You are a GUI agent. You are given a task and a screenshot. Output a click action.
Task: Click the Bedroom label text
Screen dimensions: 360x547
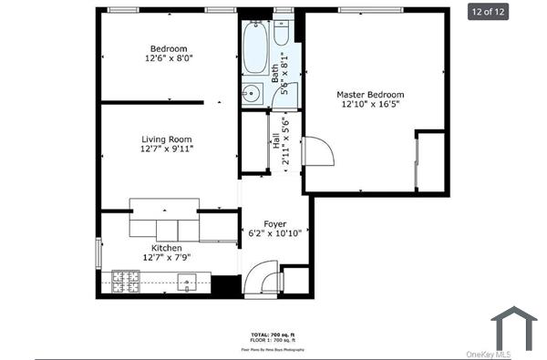pos(169,48)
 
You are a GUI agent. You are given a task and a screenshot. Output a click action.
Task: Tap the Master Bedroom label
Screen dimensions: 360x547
pos(370,94)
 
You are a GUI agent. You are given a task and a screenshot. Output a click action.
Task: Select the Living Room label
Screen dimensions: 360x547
pos(166,139)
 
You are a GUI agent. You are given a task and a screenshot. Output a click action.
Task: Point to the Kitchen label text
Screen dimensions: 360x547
pos(166,248)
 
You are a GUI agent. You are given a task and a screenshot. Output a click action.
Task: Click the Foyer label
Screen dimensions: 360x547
pos(274,223)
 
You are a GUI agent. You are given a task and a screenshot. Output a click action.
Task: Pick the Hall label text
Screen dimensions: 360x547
pos(274,143)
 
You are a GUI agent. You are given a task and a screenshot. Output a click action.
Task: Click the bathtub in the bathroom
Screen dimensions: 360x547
pos(254,47)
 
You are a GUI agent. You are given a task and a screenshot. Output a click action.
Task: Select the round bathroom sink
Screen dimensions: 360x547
pos(251,93)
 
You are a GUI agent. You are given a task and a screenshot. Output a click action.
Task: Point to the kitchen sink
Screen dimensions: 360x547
pos(187,282)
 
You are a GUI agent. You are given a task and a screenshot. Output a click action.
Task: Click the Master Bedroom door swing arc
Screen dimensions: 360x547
pos(319,151)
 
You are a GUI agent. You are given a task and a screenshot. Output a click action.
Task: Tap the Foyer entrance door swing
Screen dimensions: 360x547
pos(263,275)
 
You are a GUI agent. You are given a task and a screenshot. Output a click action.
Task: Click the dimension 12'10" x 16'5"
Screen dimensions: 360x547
pos(370,105)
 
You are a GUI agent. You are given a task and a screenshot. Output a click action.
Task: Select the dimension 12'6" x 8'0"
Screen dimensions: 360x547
pos(169,58)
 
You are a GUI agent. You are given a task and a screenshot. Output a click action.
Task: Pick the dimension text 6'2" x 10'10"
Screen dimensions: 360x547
pos(274,233)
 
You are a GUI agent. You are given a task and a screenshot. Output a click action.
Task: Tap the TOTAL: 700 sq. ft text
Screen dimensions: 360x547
pos(273,335)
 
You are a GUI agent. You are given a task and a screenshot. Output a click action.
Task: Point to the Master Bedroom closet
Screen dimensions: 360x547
pos(431,161)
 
